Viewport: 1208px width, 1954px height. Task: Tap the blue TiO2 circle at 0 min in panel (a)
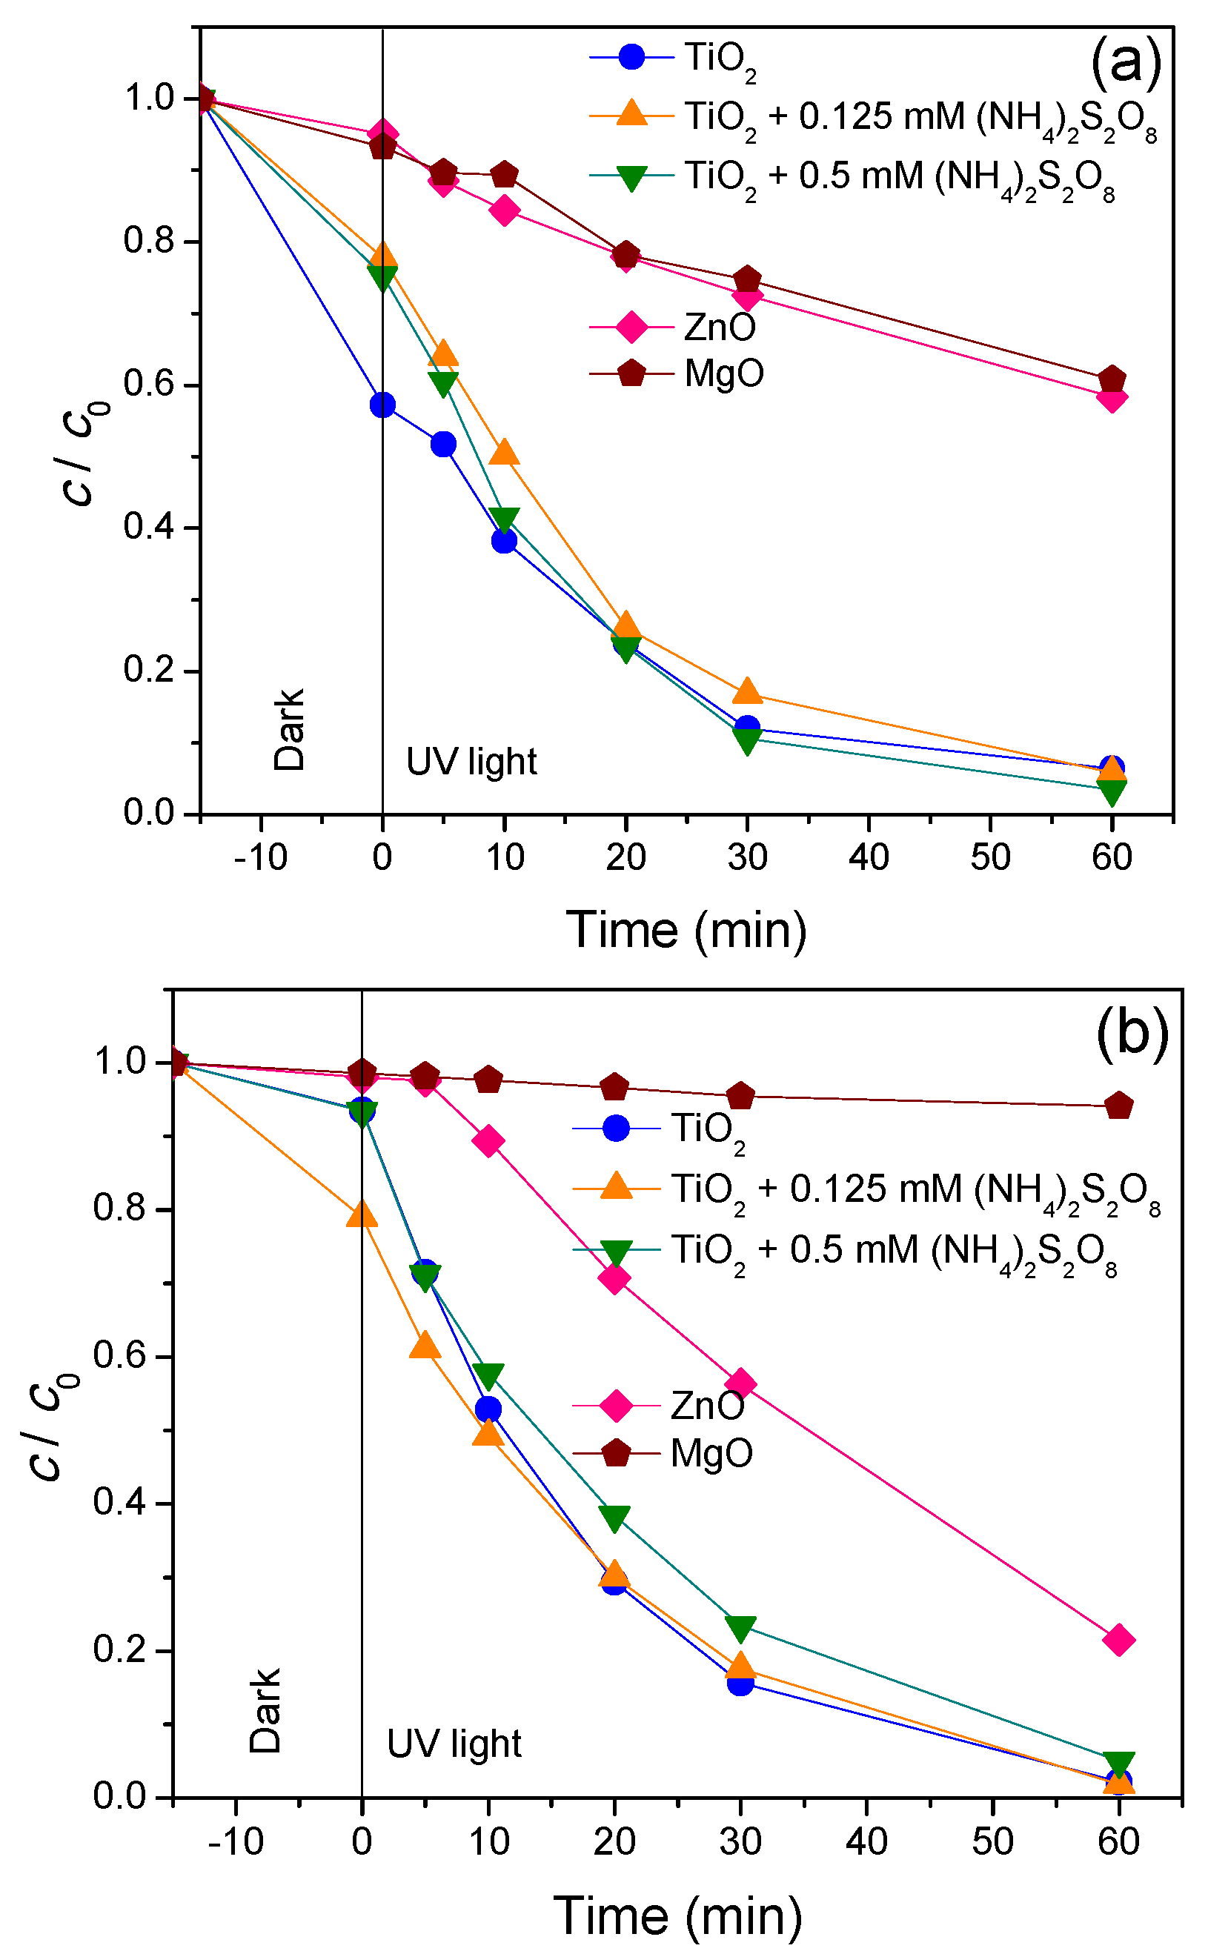382,405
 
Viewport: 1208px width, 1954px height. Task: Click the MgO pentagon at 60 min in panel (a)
1112,379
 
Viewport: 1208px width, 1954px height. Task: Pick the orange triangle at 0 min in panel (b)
362,1214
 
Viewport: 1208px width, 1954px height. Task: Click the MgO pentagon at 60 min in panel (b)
1118,1106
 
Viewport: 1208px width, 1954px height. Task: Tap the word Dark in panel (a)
289,728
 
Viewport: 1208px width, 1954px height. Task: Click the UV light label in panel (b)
454,1744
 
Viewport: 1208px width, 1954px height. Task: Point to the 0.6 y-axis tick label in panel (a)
150,385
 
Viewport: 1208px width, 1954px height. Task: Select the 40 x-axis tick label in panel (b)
866,1842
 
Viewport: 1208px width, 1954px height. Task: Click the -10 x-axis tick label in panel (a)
260,858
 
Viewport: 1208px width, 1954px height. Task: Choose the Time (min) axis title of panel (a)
686,930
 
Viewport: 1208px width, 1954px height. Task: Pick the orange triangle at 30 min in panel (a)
747,691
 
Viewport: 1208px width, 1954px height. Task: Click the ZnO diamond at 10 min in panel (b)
488,1141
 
